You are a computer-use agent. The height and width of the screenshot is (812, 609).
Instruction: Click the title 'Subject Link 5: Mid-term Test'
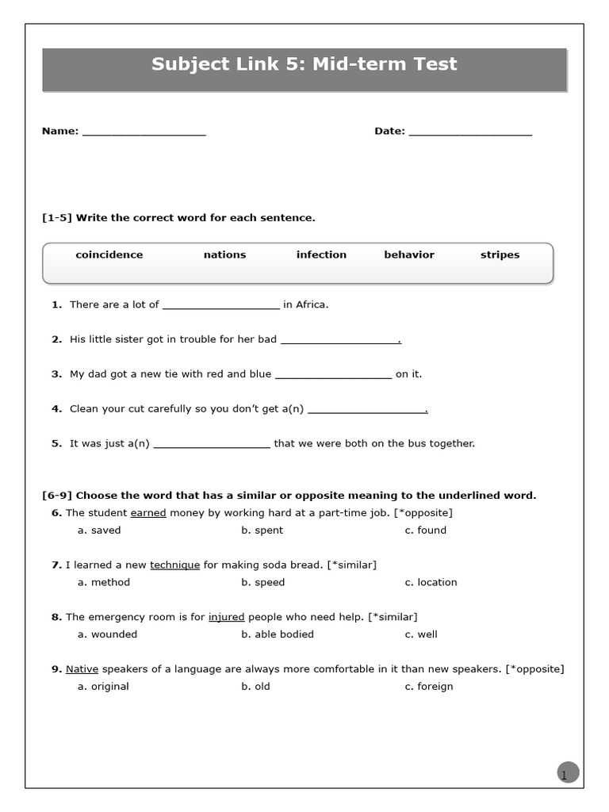[x=304, y=64]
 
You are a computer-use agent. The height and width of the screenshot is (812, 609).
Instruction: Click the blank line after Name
[x=144, y=133]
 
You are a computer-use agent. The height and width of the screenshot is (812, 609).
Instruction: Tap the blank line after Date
[x=470, y=133]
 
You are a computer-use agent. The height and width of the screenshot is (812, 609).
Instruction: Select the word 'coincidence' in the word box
[x=109, y=255]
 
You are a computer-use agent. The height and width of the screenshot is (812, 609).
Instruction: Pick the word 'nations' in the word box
[x=224, y=255]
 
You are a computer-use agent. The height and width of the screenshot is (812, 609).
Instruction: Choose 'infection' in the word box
[x=321, y=255]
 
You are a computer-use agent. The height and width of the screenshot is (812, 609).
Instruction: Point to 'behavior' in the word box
[x=409, y=255]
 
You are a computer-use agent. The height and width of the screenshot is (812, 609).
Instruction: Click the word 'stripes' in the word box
[x=500, y=255]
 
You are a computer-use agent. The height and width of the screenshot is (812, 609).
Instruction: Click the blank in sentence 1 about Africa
[x=220, y=306]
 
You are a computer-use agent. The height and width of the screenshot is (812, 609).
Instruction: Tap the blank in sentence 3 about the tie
[x=333, y=376]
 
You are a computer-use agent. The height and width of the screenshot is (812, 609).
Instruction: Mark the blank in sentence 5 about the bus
[x=212, y=446]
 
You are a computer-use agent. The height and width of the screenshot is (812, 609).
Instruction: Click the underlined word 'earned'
[x=148, y=513]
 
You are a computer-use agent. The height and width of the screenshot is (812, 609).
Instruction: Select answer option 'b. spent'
[x=262, y=530]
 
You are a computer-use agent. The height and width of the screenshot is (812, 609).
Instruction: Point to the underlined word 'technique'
[x=174, y=565]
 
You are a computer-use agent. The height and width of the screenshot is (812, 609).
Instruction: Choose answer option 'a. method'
[x=104, y=582]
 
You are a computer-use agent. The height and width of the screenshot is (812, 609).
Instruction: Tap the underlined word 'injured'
[x=227, y=617]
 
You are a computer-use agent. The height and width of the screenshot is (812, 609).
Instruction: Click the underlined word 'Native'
[x=82, y=669]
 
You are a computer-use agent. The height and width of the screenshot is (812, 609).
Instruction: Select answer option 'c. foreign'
[x=429, y=687]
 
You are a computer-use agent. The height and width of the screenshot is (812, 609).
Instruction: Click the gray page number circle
[x=568, y=772]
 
